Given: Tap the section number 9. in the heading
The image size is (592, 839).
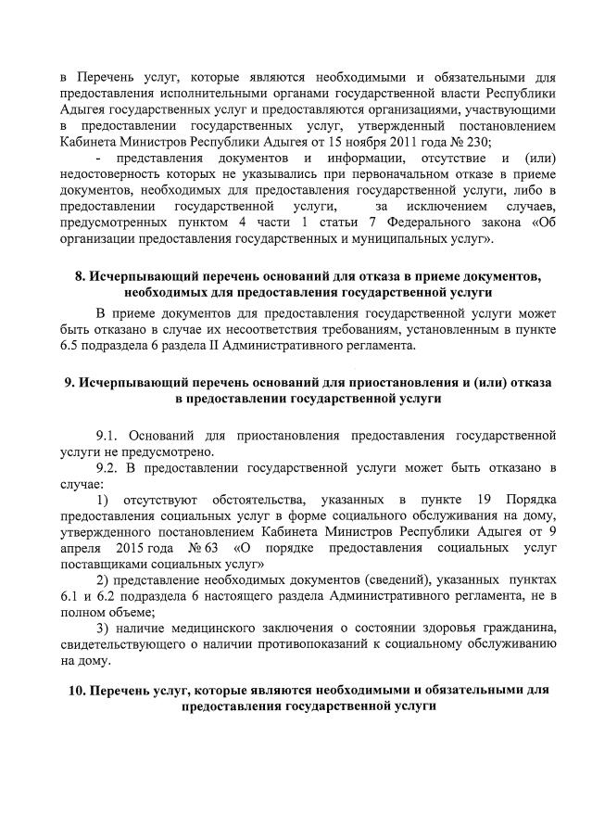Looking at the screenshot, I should tap(69, 383).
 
